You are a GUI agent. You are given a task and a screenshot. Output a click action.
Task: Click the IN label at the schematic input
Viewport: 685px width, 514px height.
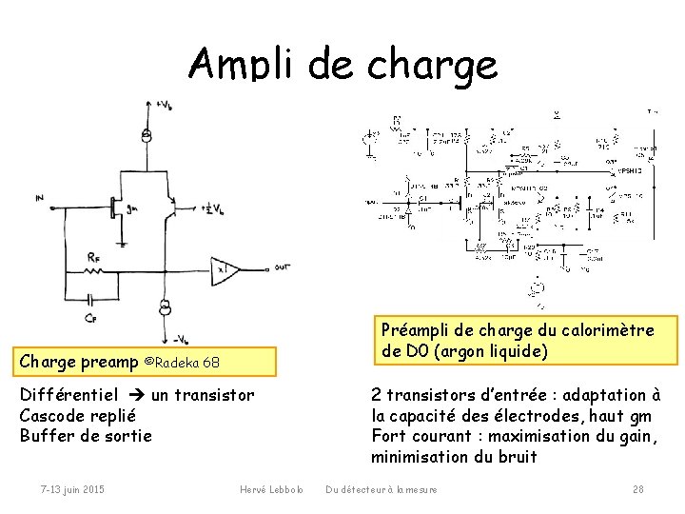[x=38, y=198]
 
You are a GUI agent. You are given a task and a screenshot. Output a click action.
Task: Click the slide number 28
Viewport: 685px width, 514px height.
[x=638, y=489]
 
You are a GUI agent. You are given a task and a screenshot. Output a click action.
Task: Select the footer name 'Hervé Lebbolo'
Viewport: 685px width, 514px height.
[x=271, y=489]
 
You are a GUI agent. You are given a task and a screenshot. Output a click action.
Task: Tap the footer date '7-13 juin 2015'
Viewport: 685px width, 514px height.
[x=72, y=489]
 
